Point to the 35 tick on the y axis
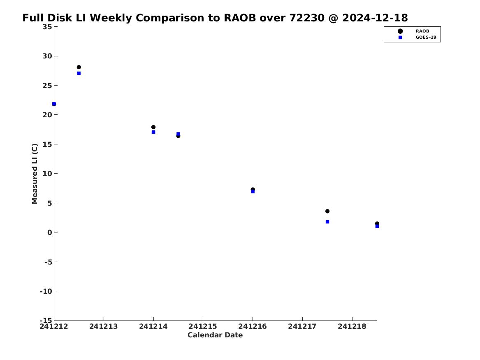[47, 27]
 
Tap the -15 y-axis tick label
[46, 320]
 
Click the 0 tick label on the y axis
[50, 232]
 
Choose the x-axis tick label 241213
[104, 326]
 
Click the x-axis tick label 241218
[352, 326]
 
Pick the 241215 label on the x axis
[203, 326]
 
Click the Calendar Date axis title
[215, 335]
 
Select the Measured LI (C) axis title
[35, 174]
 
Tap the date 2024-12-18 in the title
[375, 18]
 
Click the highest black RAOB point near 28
[79, 67]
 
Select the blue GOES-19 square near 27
[79, 73]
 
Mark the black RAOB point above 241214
[153, 127]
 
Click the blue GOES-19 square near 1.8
[327, 222]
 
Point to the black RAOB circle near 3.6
[327, 211]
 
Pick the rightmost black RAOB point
[377, 223]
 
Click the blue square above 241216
[253, 192]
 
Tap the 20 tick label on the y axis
[47, 115]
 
